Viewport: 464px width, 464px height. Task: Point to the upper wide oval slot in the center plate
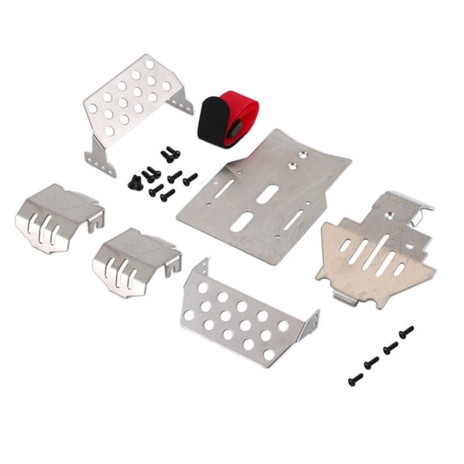269,195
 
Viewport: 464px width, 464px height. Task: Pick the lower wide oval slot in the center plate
244,222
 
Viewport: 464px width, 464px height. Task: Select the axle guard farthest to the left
57,216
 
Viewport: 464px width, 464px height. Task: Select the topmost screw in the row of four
406,331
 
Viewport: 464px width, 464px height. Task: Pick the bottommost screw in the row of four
354,378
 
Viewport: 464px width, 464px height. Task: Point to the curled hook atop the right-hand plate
420,205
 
